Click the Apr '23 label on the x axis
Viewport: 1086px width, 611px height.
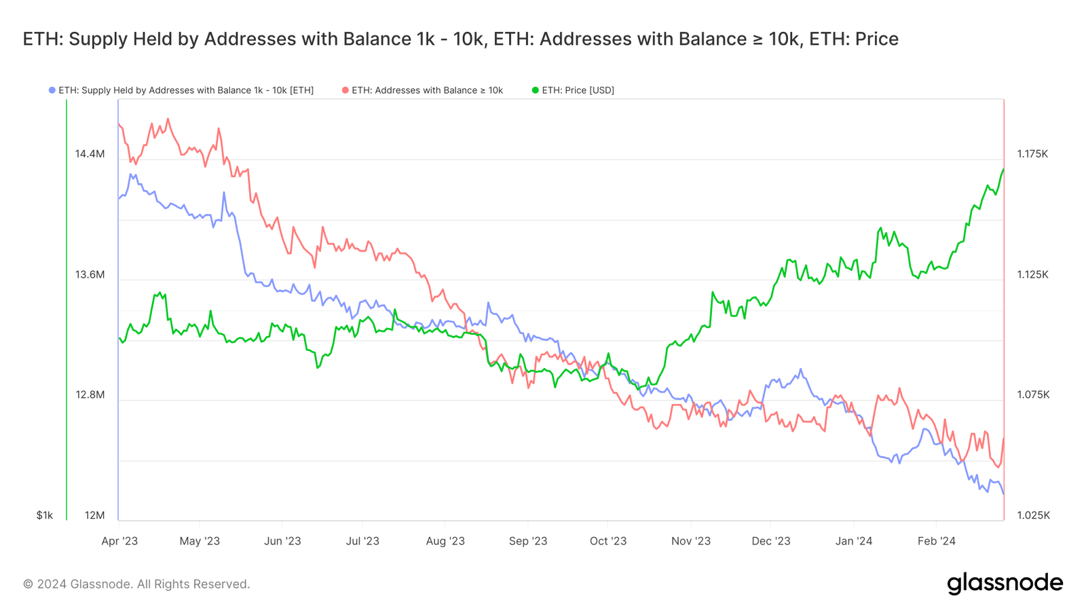119,541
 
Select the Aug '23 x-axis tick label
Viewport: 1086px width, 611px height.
445,541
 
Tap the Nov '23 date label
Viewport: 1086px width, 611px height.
690,541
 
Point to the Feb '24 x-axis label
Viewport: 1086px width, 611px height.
936,541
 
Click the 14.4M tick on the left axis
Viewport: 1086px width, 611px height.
90,154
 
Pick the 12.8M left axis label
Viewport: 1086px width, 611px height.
90,395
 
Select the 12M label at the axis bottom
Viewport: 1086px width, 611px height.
94,515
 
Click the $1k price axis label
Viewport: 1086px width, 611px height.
45,515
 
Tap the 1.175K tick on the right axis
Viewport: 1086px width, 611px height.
1032,154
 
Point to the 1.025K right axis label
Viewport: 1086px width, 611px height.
1033,515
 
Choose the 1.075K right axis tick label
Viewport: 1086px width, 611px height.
1032,395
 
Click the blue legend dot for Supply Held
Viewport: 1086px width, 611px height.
52,90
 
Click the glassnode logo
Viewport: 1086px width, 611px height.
1005,583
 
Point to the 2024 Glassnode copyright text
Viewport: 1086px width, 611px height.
136,584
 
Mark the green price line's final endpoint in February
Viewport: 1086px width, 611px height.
1003,170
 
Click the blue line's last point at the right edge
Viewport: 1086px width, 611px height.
1003,494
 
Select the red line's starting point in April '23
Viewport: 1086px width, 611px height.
119,124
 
